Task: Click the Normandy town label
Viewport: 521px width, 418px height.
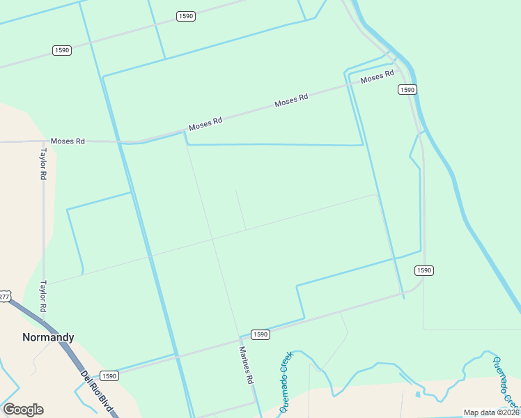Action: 48,337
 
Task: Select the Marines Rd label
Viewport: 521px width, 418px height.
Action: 245,366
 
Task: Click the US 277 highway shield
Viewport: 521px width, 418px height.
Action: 4,296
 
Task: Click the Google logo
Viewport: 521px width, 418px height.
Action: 23,410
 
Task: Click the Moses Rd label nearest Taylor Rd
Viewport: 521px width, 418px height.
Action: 68,141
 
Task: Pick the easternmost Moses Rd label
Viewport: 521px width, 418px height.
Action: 378,77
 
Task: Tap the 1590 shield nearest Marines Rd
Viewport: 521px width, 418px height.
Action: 260,334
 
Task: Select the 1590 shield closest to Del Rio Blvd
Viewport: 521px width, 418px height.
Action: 109,376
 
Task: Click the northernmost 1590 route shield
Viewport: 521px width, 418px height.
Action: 185,16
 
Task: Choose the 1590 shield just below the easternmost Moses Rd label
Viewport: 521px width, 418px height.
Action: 407,90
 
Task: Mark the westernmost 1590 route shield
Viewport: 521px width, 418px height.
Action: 62,50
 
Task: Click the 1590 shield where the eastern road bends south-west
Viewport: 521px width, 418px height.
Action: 425,270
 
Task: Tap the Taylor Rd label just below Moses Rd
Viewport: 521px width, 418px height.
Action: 42,164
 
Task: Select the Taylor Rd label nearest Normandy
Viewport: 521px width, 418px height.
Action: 42,297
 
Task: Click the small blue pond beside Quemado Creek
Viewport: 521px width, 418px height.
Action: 417,394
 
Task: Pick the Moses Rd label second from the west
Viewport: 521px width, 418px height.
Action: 205,124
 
